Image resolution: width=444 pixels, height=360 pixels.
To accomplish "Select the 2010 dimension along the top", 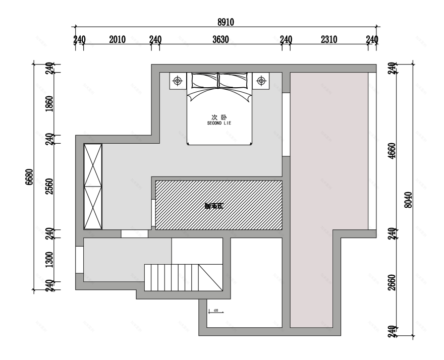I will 117,40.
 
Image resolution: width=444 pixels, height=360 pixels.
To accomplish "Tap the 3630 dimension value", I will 220,40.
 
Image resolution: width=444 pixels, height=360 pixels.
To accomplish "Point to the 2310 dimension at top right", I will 328,40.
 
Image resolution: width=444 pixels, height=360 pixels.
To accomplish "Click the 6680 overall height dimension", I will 29,177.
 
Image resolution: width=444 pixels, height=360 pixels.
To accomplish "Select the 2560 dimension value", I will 49,186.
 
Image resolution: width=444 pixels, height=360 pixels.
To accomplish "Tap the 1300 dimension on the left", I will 49,260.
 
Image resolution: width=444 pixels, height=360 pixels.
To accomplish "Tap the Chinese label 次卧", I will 219,116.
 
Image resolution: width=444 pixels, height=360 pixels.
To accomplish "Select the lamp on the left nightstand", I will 178,81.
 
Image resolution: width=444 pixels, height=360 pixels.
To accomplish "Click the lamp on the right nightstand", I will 261,81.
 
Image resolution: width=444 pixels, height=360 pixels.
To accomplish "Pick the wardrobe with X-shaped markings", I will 93,186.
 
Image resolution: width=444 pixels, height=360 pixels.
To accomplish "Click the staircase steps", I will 172,277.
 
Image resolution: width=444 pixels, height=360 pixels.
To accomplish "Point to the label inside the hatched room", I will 214,205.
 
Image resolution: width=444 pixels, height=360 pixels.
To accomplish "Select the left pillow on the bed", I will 203,80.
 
